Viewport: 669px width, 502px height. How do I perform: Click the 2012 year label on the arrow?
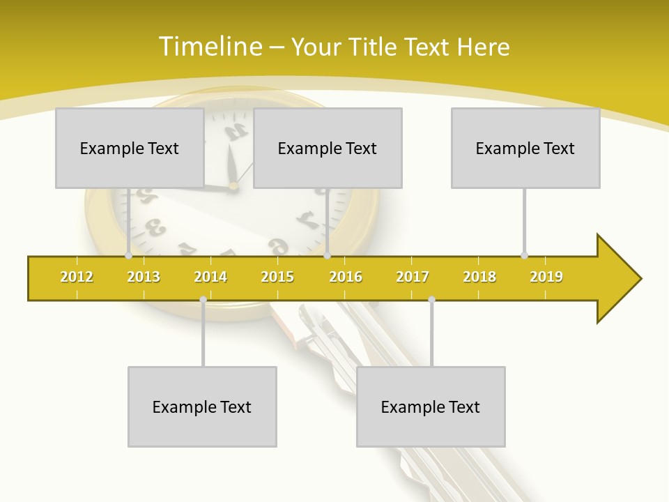(77, 277)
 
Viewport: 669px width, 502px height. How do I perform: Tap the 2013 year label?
(144, 277)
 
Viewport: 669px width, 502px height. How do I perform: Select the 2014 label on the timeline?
(210, 277)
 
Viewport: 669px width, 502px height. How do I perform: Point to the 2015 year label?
(277, 277)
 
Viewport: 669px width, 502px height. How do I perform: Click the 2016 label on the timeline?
(346, 277)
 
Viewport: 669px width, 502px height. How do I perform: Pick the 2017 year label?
(413, 277)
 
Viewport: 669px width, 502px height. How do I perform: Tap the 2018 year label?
(479, 277)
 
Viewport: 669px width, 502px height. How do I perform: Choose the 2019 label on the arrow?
(546, 277)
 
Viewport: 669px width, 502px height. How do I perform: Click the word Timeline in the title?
(209, 47)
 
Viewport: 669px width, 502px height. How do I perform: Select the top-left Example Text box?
(130, 148)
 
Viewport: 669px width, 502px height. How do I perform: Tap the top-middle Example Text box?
(328, 148)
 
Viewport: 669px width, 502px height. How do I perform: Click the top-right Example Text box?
(525, 148)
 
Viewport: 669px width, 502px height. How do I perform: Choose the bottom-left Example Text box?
(202, 406)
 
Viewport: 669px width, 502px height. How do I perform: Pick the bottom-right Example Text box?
(431, 406)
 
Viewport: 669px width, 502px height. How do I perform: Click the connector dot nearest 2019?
(525, 255)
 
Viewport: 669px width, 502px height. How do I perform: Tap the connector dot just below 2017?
(431, 300)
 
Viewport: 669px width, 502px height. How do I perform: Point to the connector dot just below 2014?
(203, 300)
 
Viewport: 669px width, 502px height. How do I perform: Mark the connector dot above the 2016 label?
(328, 255)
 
